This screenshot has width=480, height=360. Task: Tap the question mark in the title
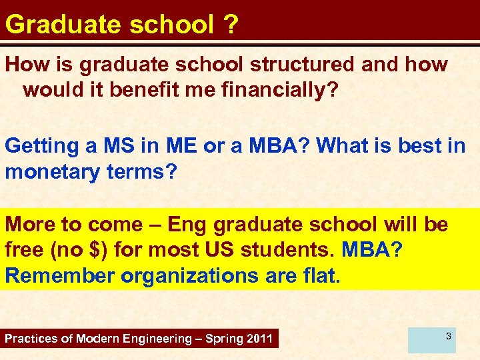231,24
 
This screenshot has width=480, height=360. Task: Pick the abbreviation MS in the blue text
113,146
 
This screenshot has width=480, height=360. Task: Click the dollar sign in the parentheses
97,251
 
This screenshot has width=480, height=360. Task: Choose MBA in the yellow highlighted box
370,251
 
